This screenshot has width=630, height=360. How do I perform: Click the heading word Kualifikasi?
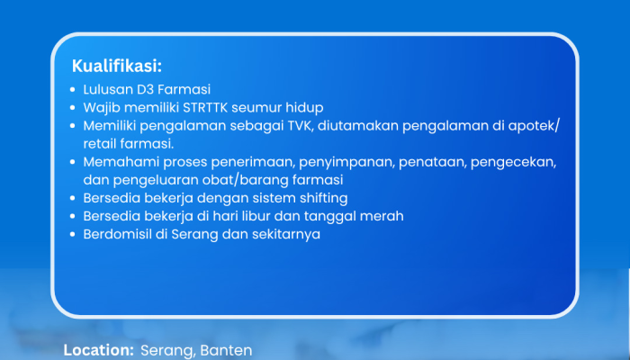tap(116, 66)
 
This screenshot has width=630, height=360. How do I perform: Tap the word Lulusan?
tap(108, 89)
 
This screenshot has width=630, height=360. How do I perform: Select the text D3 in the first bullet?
tap(146, 89)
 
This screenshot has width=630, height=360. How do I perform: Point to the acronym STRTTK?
tap(205, 108)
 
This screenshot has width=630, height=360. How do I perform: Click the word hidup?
tap(304, 108)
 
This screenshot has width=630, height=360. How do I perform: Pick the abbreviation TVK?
tap(300, 126)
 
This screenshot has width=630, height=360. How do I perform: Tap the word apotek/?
tap(534, 126)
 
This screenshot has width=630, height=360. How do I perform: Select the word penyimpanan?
tap(346, 162)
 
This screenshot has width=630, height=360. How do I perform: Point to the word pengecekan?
tap(513, 162)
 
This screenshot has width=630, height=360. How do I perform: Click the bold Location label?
tap(98, 350)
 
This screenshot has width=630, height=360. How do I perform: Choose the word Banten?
tap(226, 350)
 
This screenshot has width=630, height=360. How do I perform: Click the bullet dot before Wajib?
tap(72, 108)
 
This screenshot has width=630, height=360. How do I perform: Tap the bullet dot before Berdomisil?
tap(72, 234)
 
